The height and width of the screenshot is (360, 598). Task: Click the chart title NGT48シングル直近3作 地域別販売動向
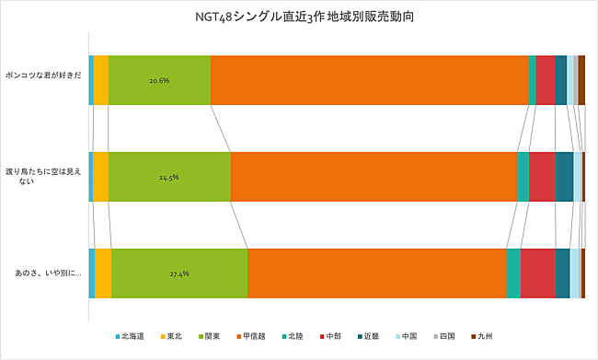click(x=298, y=16)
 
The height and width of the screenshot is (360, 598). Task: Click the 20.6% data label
click(x=159, y=80)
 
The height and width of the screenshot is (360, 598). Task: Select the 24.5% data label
click(x=168, y=177)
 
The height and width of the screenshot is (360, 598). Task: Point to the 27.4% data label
click(x=178, y=273)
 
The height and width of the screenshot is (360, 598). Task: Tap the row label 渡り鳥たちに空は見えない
click(x=42, y=177)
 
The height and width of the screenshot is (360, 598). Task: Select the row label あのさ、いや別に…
click(x=42, y=273)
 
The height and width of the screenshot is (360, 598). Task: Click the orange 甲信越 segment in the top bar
click(x=369, y=80)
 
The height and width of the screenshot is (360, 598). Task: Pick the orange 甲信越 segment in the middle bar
click(x=374, y=177)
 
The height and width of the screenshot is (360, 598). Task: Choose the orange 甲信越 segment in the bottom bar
click(x=377, y=273)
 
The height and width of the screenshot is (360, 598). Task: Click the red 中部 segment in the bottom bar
click(x=537, y=273)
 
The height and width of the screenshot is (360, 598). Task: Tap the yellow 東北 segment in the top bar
click(x=100, y=80)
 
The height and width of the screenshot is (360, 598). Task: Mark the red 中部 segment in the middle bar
click(x=542, y=177)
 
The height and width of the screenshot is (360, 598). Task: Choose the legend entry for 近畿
click(x=369, y=336)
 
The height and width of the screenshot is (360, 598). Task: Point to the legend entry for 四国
click(x=444, y=336)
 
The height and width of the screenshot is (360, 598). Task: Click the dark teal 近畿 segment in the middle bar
click(x=564, y=177)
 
